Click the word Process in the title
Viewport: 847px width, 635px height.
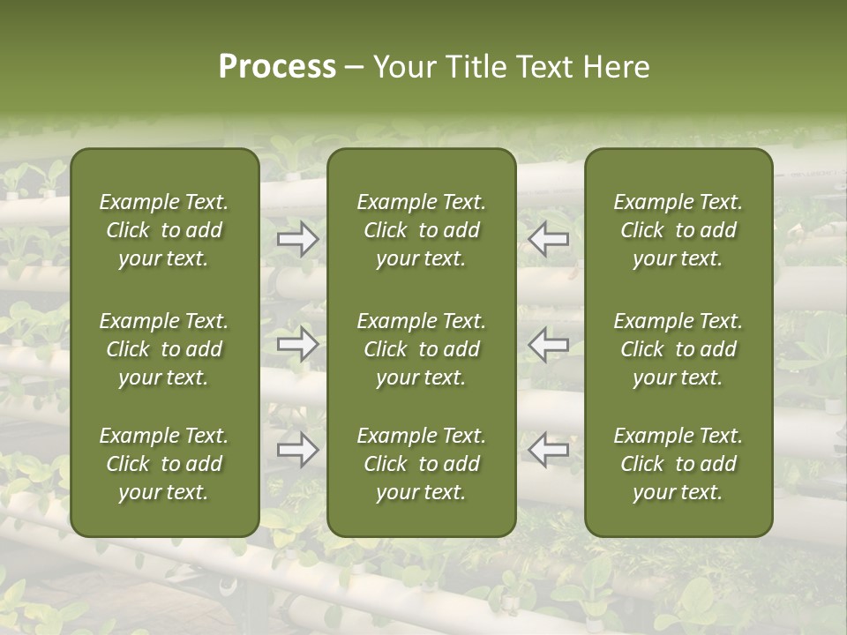pos(277,67)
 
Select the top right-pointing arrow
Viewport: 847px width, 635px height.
pos(298,239)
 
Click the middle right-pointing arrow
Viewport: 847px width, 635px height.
pos(298,344)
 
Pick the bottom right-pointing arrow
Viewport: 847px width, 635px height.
pos(298,450)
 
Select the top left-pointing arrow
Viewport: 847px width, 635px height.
pos(549,239)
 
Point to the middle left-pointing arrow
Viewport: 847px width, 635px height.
pos(549,344)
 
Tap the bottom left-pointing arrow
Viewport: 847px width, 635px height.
pos(549,450)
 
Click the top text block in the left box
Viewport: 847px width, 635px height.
pos(164,230)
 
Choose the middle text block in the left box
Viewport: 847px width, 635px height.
pos(164,349)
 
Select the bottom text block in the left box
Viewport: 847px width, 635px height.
pos(164,464)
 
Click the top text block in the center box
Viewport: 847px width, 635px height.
pos(422,230)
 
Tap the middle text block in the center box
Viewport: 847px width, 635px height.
pos(422,349)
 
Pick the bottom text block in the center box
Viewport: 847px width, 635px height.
pos(422,464)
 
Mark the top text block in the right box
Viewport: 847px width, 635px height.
pos(678,230)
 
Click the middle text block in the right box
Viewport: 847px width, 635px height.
pos(678,349)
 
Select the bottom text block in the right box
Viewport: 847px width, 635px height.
pos(678,464)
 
